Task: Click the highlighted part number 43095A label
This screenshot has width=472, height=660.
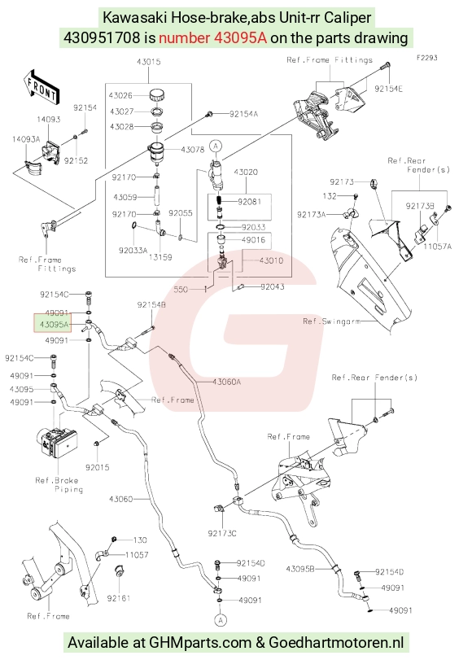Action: pos(53,324)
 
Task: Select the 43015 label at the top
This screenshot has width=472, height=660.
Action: pos(148,62)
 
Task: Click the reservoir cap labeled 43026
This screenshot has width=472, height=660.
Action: pos(156,94)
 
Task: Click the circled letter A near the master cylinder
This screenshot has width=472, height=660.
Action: pos(216,146)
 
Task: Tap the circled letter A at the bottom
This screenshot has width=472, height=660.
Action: pos(221,619)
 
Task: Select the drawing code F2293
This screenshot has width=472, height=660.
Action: pos(427,58)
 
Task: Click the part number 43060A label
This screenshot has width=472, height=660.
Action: pos(226,382)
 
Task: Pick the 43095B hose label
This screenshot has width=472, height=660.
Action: pos(300,569)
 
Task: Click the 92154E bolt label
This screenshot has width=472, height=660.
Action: pos(388,89)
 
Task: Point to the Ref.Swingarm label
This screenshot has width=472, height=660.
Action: pos(331,321)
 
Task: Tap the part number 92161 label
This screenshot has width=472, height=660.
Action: pos(118,597)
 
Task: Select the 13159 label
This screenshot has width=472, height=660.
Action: pos(160,257)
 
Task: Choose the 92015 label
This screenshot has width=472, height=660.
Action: pos(98,467)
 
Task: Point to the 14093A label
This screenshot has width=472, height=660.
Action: pos(26,139)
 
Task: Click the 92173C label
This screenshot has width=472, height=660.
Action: pos(222,533)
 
